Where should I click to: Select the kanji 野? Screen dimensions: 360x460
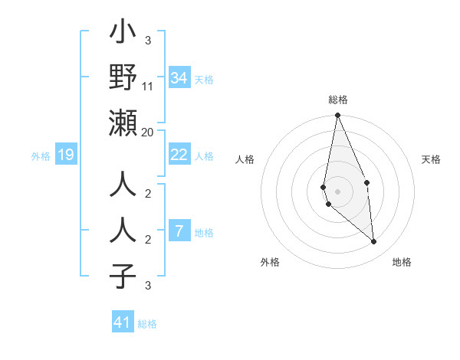(123, 79)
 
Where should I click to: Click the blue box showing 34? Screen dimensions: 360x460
(179, 78)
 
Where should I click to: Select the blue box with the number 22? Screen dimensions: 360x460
(179, 155)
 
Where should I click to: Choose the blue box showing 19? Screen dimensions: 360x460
(66, 155)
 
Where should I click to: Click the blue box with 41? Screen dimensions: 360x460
(123, 322)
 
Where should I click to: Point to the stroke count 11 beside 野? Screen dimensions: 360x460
(148, 87)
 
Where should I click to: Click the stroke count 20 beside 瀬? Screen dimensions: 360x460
(148, 133)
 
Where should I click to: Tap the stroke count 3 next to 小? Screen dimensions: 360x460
(148, 41)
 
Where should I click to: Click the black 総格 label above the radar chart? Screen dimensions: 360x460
(337, 100)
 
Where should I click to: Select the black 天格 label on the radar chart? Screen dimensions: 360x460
(432, 159)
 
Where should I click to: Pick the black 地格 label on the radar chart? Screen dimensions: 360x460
(402, 262)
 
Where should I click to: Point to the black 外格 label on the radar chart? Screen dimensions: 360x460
(270, 262)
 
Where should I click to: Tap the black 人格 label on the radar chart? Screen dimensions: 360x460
(245, 159)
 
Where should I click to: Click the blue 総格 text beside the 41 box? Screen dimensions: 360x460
(147, 324)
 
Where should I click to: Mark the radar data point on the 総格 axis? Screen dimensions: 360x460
(337, 116)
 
